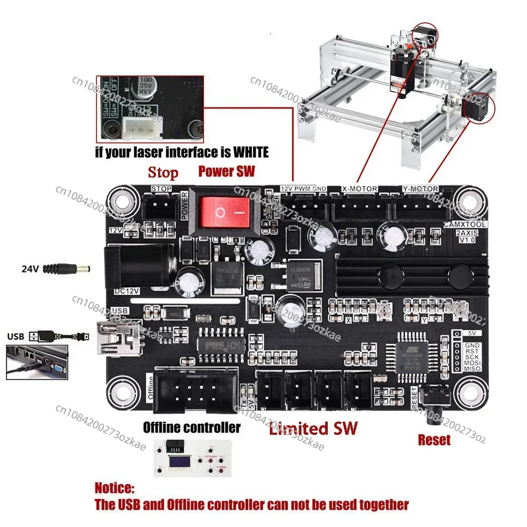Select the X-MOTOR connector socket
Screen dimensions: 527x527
[358, 208]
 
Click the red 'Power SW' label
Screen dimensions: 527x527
[226, 171]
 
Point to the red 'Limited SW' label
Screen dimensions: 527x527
[313, 428]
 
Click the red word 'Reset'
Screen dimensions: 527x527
[434, 440]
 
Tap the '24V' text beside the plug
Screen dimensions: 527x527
[30, 268]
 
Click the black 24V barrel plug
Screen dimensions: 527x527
[66, 268]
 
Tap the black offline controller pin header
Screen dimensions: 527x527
[194, 390]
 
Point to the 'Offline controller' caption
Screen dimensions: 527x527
[192, 427]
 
